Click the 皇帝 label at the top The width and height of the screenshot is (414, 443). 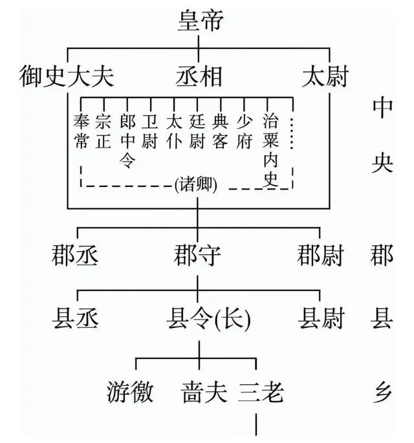[201, 20]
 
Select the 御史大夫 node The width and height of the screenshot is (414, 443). [67, 76]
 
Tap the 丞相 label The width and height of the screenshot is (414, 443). [199, 76]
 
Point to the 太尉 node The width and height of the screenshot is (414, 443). [325, 76]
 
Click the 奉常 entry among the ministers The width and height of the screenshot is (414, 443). [82, 131]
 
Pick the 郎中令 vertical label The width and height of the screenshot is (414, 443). [127, 141]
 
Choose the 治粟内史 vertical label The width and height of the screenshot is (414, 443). [271, 150]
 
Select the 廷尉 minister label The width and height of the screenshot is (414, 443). [197, 131]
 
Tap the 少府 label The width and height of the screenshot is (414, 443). [244, 131]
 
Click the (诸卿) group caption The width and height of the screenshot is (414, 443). [196, 185]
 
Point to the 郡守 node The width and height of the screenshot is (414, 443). [197, 255]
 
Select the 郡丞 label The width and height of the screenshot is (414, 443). [75, 255]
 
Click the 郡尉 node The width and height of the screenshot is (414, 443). [320, 255]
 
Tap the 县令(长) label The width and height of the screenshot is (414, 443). [208, 319]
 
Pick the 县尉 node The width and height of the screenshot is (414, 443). [321, 319]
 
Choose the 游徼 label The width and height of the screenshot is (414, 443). [130, 392]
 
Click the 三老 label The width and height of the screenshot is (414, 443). [261, 392]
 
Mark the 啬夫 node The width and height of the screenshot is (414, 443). [204, 392]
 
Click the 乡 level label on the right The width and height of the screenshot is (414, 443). [382, 392]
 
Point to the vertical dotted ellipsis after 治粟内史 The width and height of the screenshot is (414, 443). [292, 133]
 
